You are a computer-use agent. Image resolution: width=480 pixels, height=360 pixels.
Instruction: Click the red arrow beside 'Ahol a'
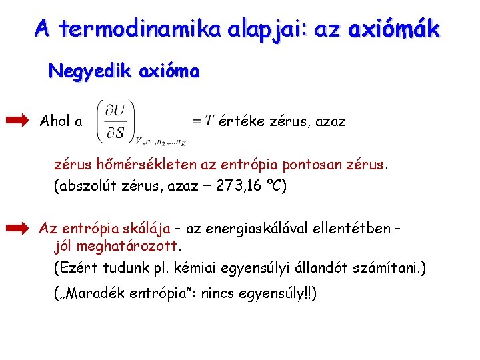[18, 121]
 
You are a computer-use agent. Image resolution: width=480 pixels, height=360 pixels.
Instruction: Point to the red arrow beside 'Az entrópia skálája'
[18, 229]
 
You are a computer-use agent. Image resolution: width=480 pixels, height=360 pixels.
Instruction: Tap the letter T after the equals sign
[209, 121]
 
